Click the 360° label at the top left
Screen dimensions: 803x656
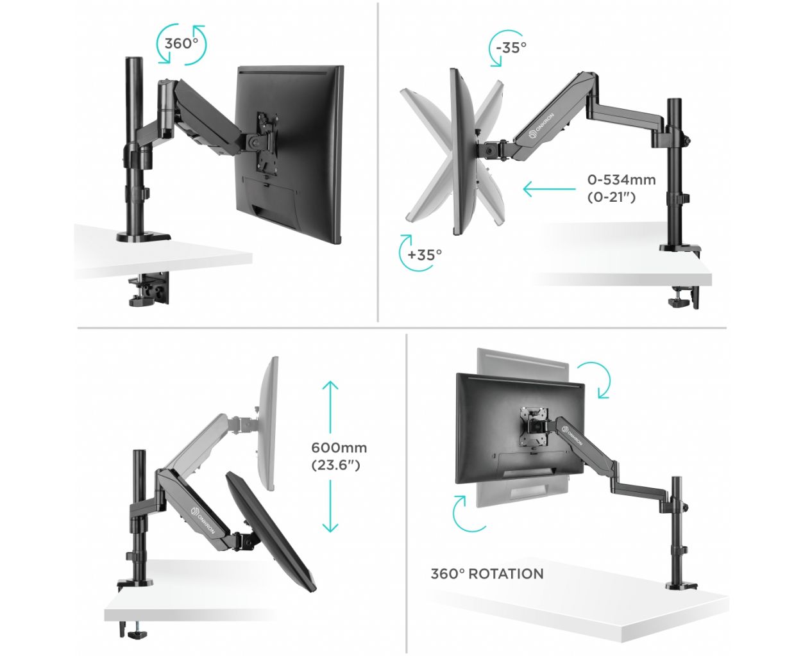pos(182,44)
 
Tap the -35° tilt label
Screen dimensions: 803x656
pos(511,48)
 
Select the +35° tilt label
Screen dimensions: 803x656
pos(425,254)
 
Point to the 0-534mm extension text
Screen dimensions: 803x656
pos(621,180)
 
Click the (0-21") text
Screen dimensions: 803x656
pos(611,197)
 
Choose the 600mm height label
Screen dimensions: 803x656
pos(339,448)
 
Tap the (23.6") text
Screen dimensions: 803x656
pos(335,464)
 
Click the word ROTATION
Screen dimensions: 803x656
pos(505,574)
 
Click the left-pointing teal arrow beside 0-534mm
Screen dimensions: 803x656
pos(549,188)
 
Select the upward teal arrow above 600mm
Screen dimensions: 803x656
pos(330,407)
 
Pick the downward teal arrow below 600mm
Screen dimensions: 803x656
pos(330,506)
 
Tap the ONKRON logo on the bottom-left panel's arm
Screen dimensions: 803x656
pos(202,521)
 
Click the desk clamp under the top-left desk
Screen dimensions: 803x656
pos(149,290)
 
